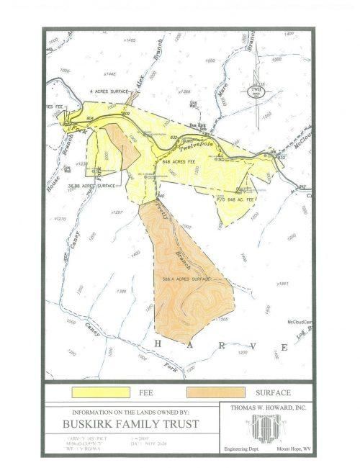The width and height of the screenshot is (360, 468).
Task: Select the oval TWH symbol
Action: pos(254,90)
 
